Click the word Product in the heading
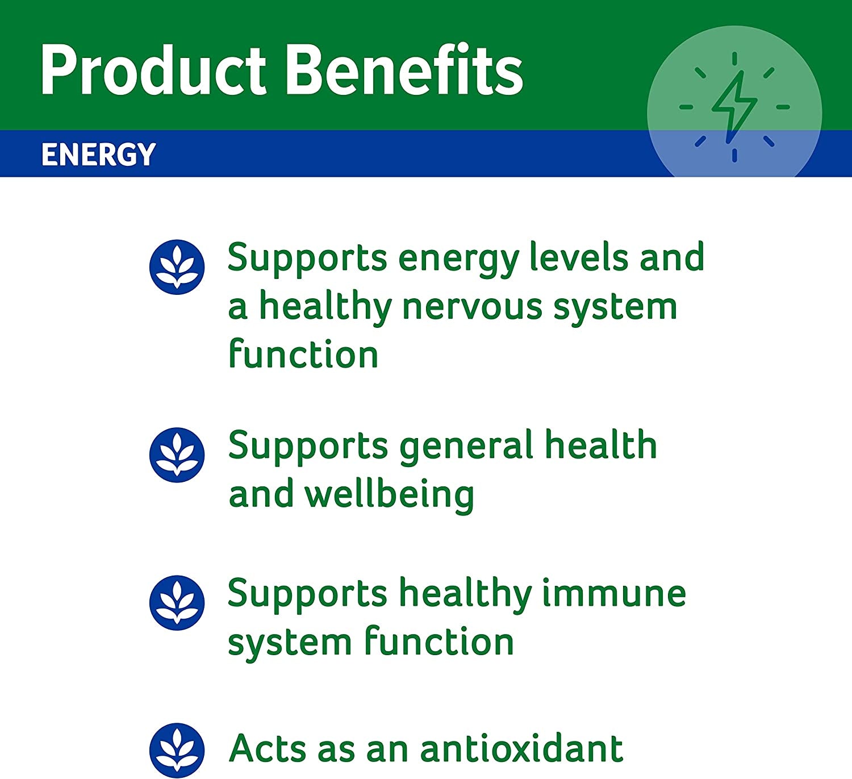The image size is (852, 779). tap(153, 70)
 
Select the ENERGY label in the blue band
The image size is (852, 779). tap(98, 155)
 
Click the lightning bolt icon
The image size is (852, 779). tap(734, 107)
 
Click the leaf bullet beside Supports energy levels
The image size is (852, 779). tap(177, 267)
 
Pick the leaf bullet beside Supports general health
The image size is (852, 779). tap(177, 455)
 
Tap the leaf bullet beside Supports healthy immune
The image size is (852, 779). tap(177, 603)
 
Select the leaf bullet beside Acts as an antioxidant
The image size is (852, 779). tap(177, 751)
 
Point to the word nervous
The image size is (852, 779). tap(471, 308)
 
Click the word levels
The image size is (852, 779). tap(578, 257)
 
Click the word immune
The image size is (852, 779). tap(614, 594)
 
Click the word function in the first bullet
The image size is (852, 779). tap(303, 353)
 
